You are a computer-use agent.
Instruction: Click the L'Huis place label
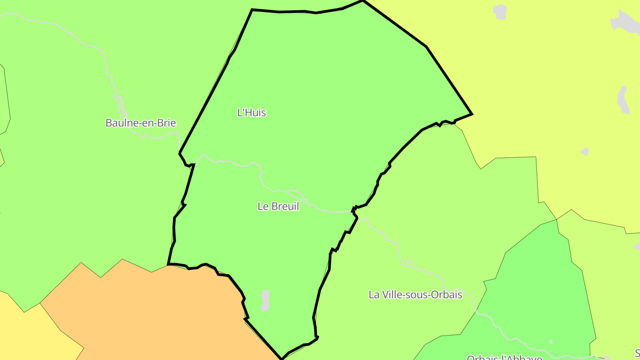[x=252, y=113]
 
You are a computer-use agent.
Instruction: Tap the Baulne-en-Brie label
[x=140, y=123]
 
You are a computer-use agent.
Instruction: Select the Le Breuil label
[x=278, y=206]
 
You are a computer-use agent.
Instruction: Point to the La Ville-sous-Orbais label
[x=415, y=295]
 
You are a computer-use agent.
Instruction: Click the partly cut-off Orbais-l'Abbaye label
[x=504, y=357]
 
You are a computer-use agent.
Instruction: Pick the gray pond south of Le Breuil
[x=265, y=300]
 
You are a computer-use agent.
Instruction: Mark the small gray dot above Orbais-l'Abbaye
[x=551, y=342]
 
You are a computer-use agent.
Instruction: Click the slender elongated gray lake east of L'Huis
[x=623, y=100]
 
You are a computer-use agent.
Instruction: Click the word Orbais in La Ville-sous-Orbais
[x=446, y=295]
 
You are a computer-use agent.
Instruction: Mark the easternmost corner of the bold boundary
[x=472, y=114]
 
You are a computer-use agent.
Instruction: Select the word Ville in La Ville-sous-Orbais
[x=389, y=295]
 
